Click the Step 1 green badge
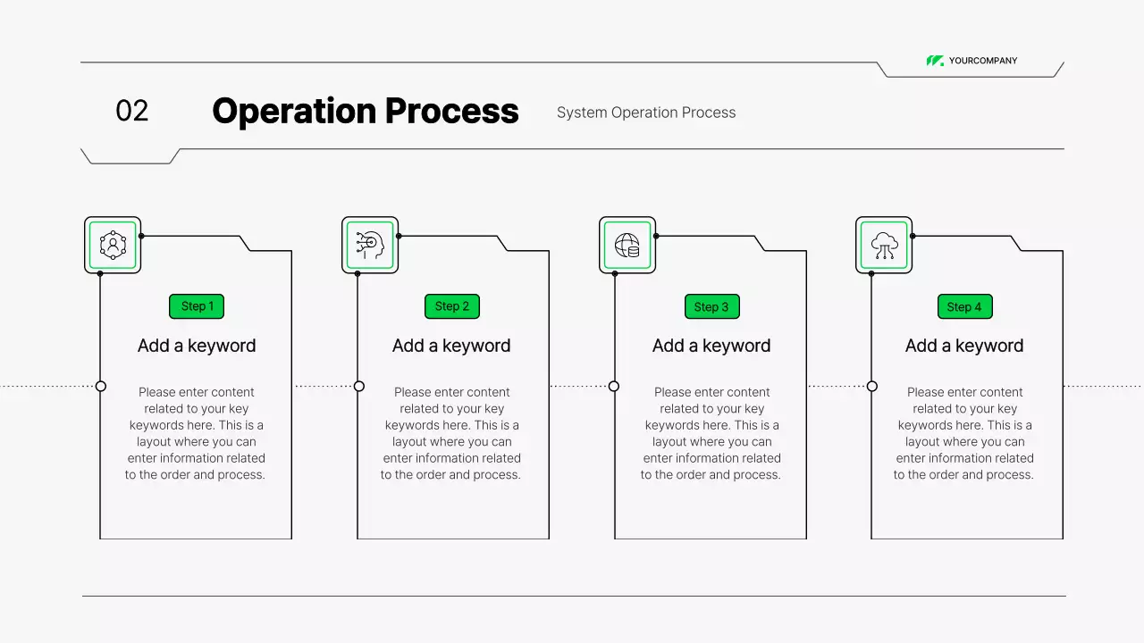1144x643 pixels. pos(197,306)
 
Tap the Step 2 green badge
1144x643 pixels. pos(452,306)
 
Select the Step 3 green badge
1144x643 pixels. pos(711,306)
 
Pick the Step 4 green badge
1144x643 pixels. pos(964,306)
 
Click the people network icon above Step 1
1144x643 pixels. pos(113,245)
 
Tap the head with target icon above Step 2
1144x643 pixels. pos(370,245)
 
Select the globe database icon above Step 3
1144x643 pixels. pos(627,245)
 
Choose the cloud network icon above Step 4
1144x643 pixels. pos(884,245)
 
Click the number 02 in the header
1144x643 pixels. pos(131,111)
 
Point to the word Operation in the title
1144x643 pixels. pos(294,111)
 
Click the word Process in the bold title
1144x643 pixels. pos(452,111)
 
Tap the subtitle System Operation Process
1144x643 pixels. pos(646,113)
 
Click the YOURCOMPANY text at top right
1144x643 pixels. pos(983,61)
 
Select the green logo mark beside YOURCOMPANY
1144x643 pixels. pos(935,61)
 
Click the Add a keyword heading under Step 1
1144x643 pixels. pos(197,346)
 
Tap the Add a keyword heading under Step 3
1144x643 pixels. pos(711,346)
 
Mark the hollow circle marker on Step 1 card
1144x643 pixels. pos(101,386)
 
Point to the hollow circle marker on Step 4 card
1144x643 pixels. pos(872,386)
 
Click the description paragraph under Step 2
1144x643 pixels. pos(451,433)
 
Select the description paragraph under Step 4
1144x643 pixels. pos(964,433)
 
